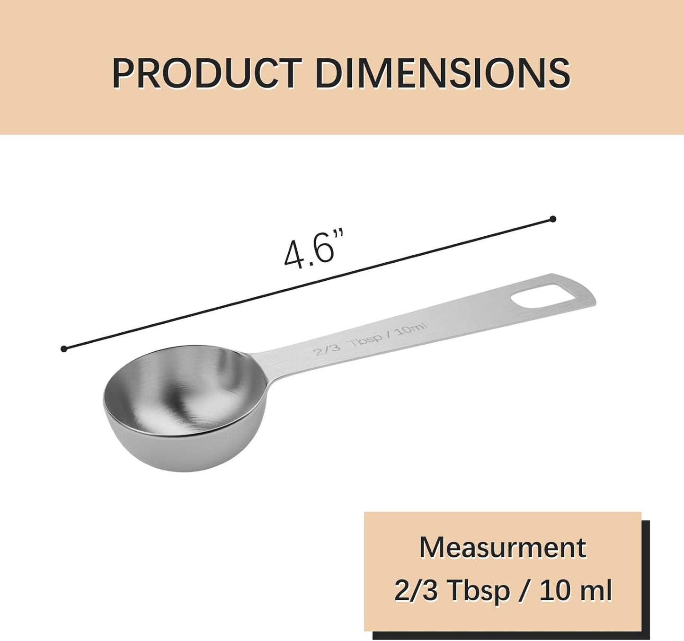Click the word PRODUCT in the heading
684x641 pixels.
[x=207, y=73]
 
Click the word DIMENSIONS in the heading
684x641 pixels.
[x=442, y=73]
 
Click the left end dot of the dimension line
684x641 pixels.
[x=64, y=349]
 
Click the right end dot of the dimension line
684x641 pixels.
[x=552, y=219]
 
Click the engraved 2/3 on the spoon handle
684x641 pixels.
[x=327, y=349]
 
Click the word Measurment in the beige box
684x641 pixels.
[x=502, y=548]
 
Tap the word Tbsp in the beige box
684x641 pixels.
[x=479, y=590]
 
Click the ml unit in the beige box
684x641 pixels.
[x=597, y=590]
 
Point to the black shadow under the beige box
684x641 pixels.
[x=511, y=635]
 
